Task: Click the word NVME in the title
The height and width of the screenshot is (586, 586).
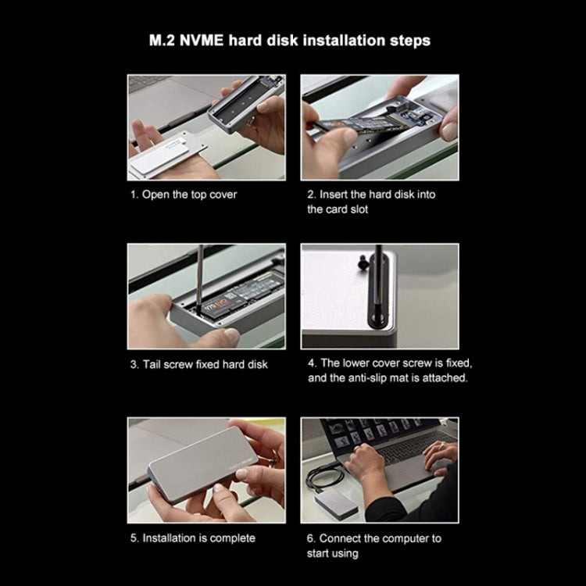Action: [x=206, y=40]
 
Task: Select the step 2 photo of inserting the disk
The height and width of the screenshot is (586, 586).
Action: [x=380, y=127]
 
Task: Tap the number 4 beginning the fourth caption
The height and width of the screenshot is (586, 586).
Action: [x=310, y=364]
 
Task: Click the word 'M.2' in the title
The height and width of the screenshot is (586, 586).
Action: [x=163, y=40]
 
